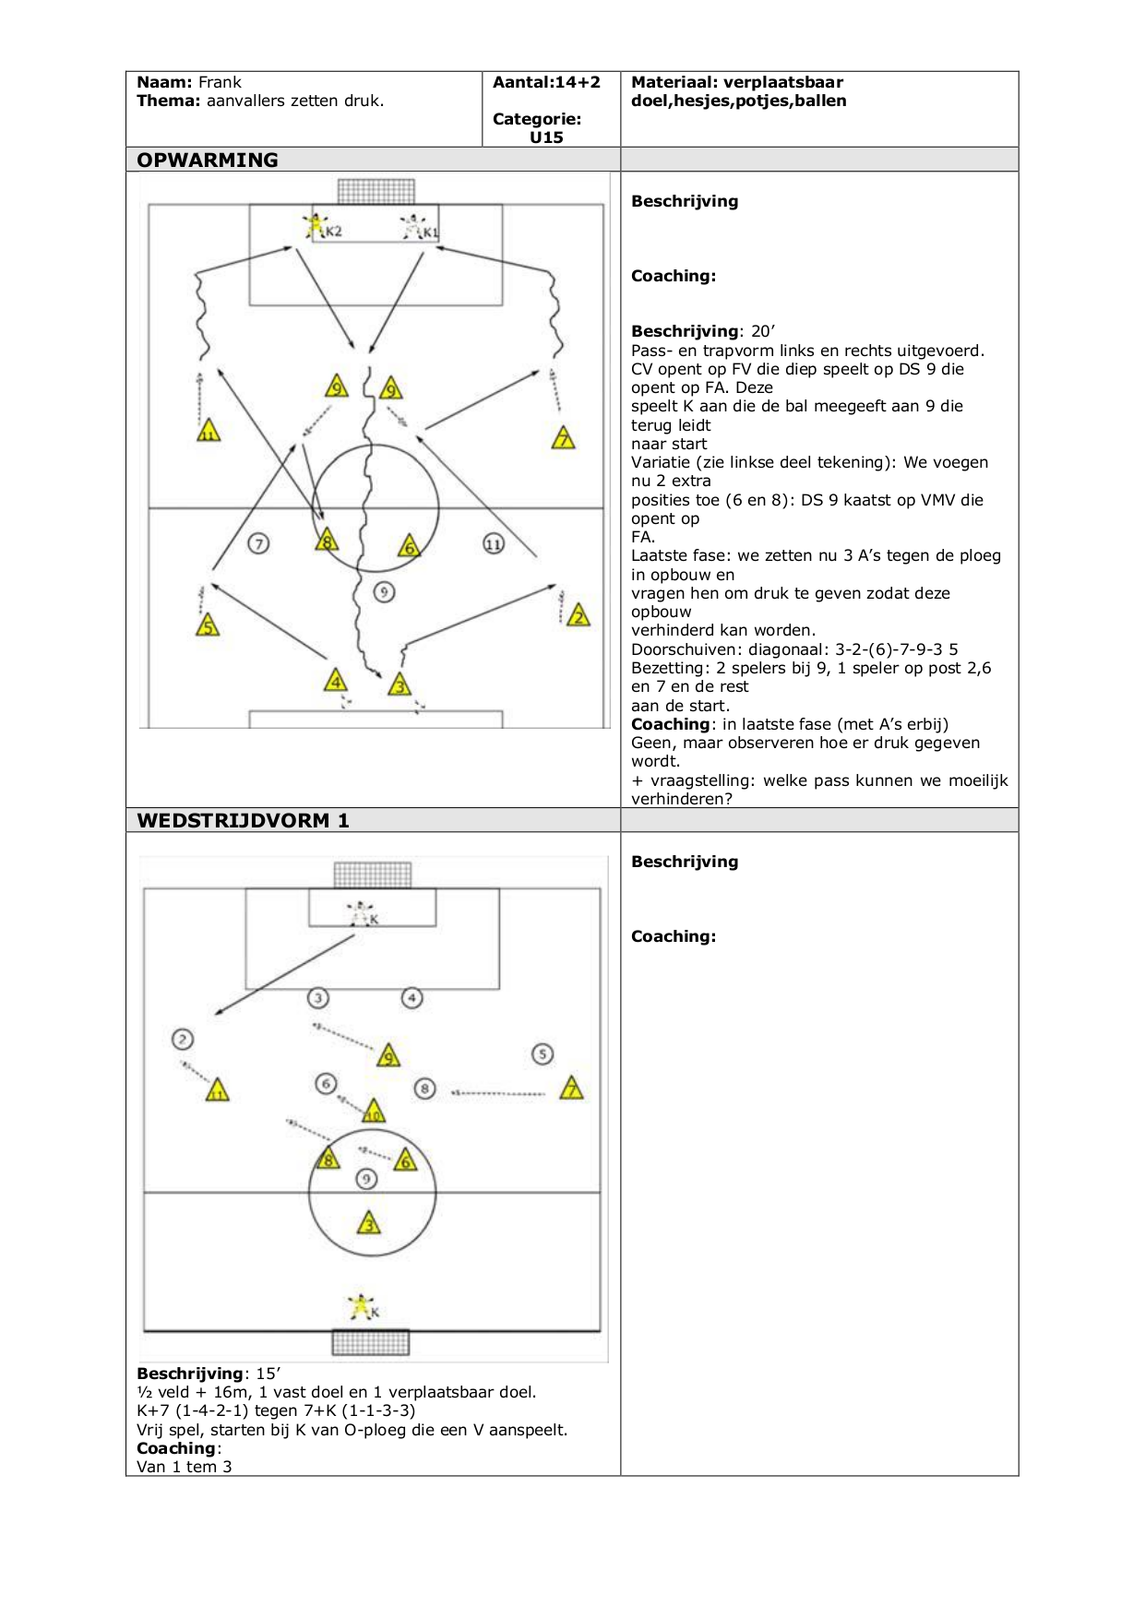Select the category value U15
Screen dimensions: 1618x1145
click(x=546, y=137)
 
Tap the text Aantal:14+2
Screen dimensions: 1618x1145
click(x=546, y=82)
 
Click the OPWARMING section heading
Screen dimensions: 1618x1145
click(x=208, y=160)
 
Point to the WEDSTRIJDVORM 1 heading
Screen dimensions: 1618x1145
click(x=243, y=820)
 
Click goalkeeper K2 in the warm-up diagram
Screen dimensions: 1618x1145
click(x=316, y=226)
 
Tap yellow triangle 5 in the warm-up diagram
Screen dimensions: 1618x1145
click(x=208, y=626)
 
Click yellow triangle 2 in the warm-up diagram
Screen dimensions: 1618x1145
click(x=578, y=615)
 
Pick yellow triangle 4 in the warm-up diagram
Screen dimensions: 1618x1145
click(x=336, y=682)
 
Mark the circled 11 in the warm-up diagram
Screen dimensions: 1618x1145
click(x=494, y=544)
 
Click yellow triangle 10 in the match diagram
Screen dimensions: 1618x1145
click(x=374, y=1112)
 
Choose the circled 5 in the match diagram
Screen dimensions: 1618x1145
click(x=543, y=1053)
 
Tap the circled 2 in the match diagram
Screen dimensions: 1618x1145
click(x=183, y=1040)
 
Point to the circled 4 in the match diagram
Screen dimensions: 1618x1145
click(x=411, y=998)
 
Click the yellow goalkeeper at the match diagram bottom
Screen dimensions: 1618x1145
click(x=361, y=1306)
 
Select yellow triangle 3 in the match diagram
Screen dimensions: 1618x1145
click(x=369, y=1224)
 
